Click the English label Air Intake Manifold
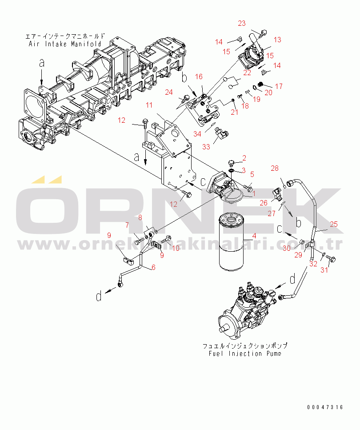coord(65,44)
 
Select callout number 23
coord(241,24)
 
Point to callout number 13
coord(277,40)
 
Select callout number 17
coord(279,86)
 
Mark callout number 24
coord(169,92)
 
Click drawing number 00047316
coord(324,407)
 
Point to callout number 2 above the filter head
coord(244,158)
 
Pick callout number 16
coord(198,77)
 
